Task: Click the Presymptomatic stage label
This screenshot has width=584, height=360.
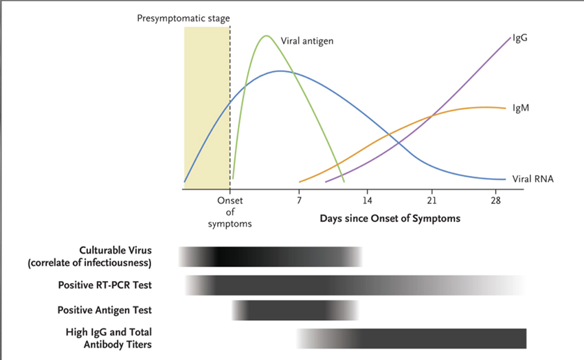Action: (183, 18)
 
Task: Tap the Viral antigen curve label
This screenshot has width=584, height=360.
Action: (307, 41)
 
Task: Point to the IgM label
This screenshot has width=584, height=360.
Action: (520, 109)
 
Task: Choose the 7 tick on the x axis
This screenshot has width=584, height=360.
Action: (299, 201)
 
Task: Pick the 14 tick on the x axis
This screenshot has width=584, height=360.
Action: (367, 201)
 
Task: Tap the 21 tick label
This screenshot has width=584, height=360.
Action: (431, 201)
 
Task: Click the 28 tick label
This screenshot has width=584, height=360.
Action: (496, 201)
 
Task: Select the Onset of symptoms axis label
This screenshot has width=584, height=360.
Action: (230, 212)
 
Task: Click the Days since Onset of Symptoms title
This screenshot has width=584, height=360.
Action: (390, 218)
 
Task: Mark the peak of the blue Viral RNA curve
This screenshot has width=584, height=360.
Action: (279, 71)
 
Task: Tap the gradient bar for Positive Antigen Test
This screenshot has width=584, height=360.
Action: (295, 311)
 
